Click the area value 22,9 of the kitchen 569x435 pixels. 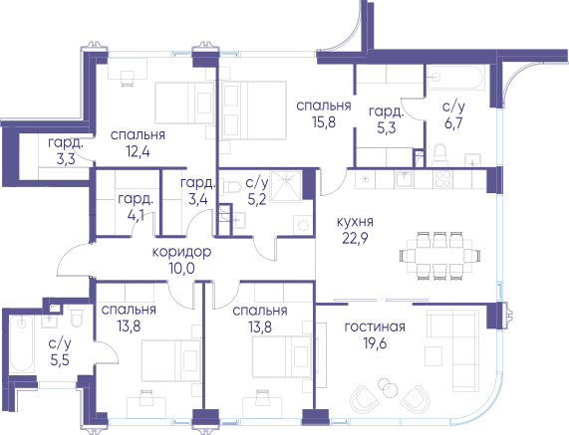tap(355, 239)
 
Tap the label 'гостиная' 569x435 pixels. tap(375, 326)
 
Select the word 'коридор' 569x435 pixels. tap(181, 252)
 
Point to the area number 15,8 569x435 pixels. tap(324, 122)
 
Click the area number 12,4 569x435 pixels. tap(138, 151)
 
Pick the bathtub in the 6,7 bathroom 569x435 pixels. tap(455, 78)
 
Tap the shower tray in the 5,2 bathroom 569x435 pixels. tap(286, 185)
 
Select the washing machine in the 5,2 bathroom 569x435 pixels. tap(303, 225)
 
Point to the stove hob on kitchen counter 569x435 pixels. tap(442, 179)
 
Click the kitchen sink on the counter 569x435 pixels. tap(404, 178)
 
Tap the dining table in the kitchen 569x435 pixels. tap(439, 256)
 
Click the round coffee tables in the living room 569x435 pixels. tap(388, 388)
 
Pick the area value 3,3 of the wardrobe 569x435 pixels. tap(66, 159)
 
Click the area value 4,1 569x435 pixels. tap(136, 216)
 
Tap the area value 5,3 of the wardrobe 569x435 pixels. tap(386, 128)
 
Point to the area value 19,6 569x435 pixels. tap(375, 342)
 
